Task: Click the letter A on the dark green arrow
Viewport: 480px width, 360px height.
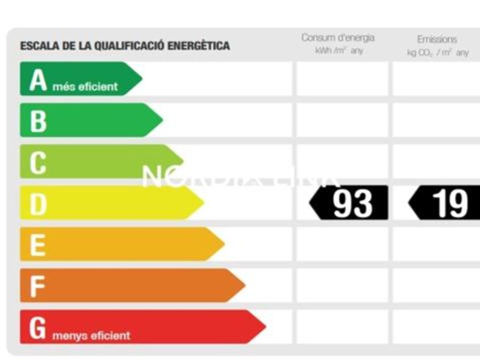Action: click(38, 80)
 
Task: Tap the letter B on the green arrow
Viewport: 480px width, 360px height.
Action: click(38, 121)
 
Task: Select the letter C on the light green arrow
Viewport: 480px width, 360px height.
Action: click(38, 163)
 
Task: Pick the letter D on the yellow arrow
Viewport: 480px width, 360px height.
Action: click(38, 204)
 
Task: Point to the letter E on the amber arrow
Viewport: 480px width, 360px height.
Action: click(38, 245)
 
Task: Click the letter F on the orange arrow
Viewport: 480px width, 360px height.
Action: click(38, 286)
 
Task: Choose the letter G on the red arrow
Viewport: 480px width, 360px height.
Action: click(38, 327)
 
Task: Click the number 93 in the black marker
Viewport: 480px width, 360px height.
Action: click(352, 203)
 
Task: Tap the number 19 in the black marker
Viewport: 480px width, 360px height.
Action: click(450, 203)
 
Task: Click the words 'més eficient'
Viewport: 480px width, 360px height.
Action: click(85, 87)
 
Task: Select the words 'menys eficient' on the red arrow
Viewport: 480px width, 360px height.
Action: click(91, 335)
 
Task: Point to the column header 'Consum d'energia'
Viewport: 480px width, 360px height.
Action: click(338, 38)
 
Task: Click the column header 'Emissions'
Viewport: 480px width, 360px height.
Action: click(437, 39)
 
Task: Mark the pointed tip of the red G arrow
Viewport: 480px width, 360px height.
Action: click(265, 327)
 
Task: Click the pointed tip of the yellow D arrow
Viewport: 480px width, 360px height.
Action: click(203, 203)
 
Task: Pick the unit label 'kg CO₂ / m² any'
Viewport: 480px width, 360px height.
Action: click(438, 53)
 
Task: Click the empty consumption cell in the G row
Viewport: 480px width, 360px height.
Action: click(342, 327)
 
